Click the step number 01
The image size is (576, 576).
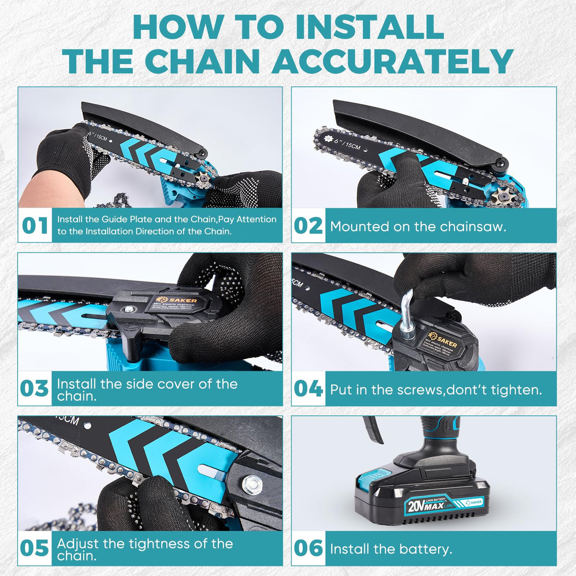click(x=35, y=225)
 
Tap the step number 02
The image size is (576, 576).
click(x=308, y=225)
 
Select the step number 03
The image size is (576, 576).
click(x=35, y=389)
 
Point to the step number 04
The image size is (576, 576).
click(x=308, y=389)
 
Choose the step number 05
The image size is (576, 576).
click(x=35, y=548)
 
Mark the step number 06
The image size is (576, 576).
click(x=308, y=548)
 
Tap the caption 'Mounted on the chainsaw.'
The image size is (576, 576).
click(x=418, y=226)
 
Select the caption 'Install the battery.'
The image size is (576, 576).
click(x=391, y=549)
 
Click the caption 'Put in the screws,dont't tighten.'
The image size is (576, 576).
click(x=436, y=390)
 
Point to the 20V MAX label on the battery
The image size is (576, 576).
click(x=425, y=506)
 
